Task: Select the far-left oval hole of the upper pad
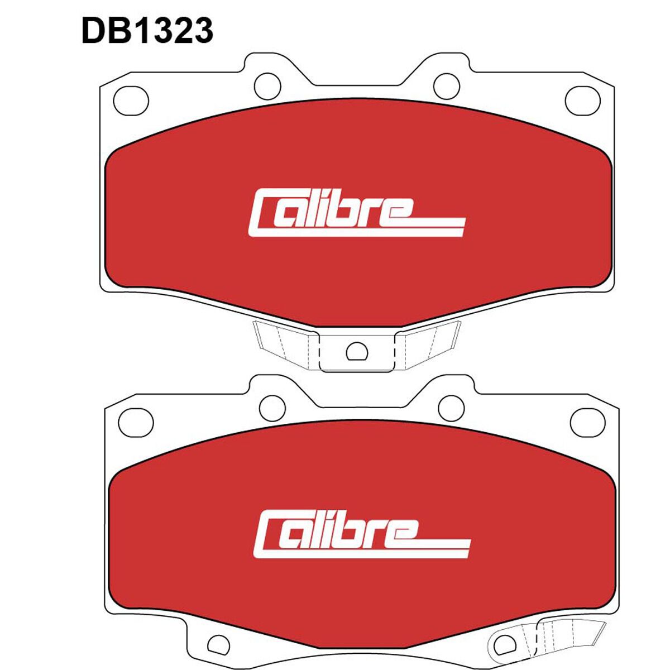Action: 131,101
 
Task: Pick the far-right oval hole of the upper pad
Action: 582,101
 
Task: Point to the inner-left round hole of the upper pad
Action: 267,86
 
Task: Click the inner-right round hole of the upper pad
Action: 447,86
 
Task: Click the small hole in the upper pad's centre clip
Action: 356,352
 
